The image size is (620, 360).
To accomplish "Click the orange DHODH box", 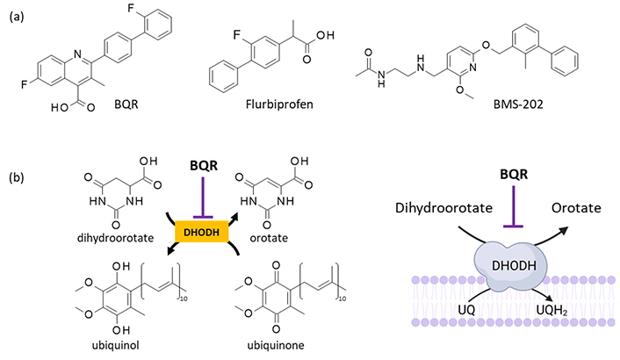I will pyautogui.click(x=202, y=232).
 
